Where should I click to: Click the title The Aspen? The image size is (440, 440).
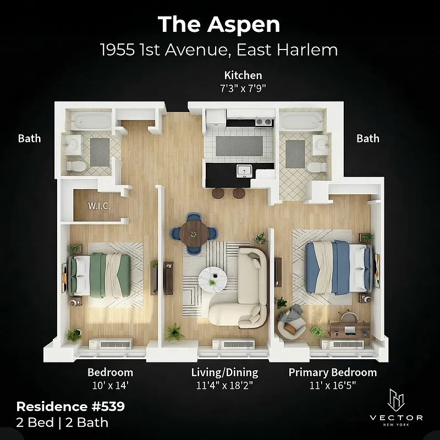[x=219, y=25]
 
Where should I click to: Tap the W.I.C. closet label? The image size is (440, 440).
[x=100, y=206]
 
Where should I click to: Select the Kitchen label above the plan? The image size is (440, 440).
[x=243, y=75]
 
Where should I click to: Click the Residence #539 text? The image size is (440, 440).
[x=70, y=407]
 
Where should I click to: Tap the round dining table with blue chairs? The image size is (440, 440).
[x=193, y=233]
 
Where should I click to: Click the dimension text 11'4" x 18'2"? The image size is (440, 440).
[x=224, y=385]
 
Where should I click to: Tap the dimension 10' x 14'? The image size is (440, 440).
[x=110, y=385]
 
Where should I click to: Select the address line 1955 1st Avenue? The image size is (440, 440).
[x=219, y=51]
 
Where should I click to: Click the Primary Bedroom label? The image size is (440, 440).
[x=333, y=372]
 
